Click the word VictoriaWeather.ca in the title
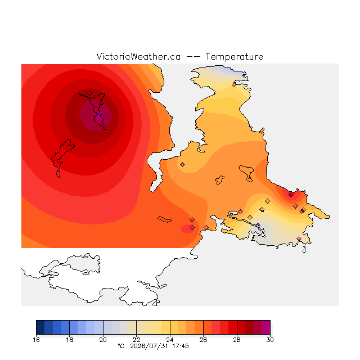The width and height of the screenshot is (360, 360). tap(138, 56)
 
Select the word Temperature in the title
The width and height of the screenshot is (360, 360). tap(234, 56)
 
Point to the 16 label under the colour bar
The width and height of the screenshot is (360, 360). tap(36, 340)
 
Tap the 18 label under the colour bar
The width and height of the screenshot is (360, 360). tap(70, 340)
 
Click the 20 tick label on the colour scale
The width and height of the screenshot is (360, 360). tap(103, 340)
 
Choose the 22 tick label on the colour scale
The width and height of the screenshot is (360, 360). tap(136, 340)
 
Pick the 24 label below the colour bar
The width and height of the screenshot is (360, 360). tap(170, 340)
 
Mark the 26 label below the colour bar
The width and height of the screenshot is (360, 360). tap(203, 340)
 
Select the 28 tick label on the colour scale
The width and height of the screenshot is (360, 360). tap(237, 340)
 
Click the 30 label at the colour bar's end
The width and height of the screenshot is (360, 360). tap(270, 340)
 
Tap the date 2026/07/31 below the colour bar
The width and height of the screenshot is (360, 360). tap(149, 346)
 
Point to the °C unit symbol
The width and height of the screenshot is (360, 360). tap(121, 346)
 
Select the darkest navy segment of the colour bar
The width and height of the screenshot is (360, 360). tap(40, 327)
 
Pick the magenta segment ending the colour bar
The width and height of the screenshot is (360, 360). tap(266, 327)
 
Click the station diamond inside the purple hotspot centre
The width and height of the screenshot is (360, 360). tap(102, 116)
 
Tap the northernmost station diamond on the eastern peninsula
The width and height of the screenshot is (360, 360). tap(234, 85)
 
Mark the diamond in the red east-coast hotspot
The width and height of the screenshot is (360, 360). tap(291, 195)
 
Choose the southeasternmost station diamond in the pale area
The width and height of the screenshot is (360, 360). tap(299, 238)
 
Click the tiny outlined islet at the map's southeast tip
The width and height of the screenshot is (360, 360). tap(304, 250)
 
